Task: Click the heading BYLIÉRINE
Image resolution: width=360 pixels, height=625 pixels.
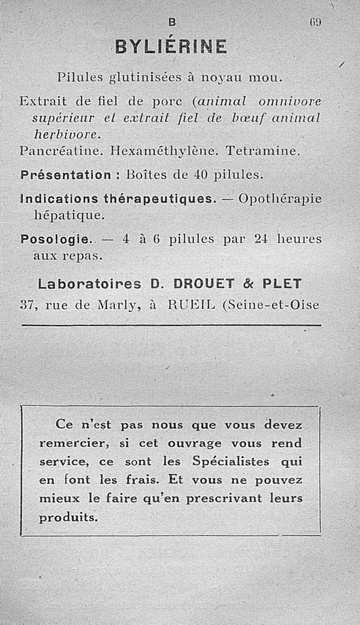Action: [x=171, y=46]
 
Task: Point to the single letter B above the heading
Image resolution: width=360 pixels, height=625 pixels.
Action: [x=171, y=22]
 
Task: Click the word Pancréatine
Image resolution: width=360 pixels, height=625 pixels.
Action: [x=56, y=151]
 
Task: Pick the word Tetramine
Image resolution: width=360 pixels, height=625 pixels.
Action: [x=262, y=151]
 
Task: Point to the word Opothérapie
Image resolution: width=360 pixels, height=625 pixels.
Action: [x=280, y=199]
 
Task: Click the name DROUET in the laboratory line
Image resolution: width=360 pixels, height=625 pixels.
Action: [x=203, y=284]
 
